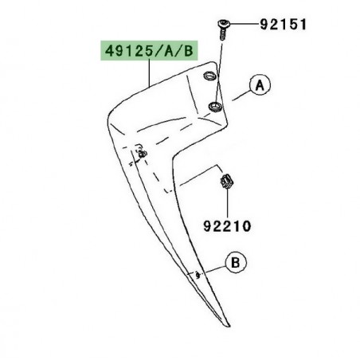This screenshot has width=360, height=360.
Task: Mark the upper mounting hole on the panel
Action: pyautogui.click(x=209, y=76)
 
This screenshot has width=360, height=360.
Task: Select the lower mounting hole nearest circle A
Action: pyautogui.click(x=214, y=105)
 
